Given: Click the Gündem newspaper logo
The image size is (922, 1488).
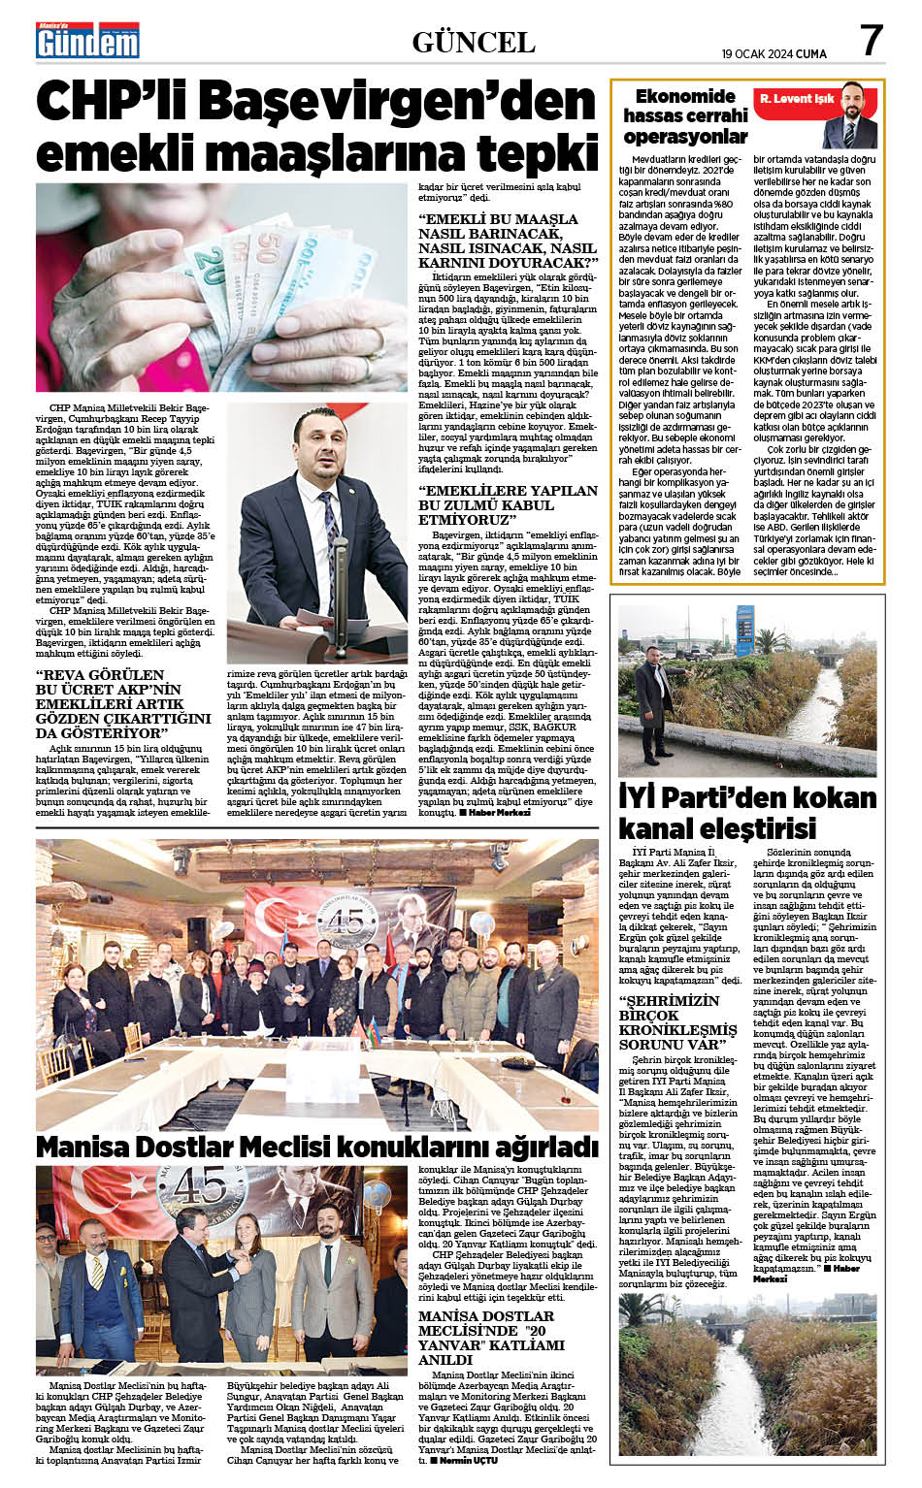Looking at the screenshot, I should tap(88, 40).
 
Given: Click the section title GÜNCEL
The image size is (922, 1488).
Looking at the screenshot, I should tap(474, 42).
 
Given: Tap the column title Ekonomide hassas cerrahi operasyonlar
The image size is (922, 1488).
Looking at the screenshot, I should tap(684, 115).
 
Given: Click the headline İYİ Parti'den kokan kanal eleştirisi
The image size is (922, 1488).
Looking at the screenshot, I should tap(747, 812).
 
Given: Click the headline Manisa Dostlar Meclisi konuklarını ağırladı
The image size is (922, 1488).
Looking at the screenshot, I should tap(316, 1146).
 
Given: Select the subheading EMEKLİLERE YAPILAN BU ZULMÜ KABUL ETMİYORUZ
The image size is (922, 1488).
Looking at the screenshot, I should tap(508, 504).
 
